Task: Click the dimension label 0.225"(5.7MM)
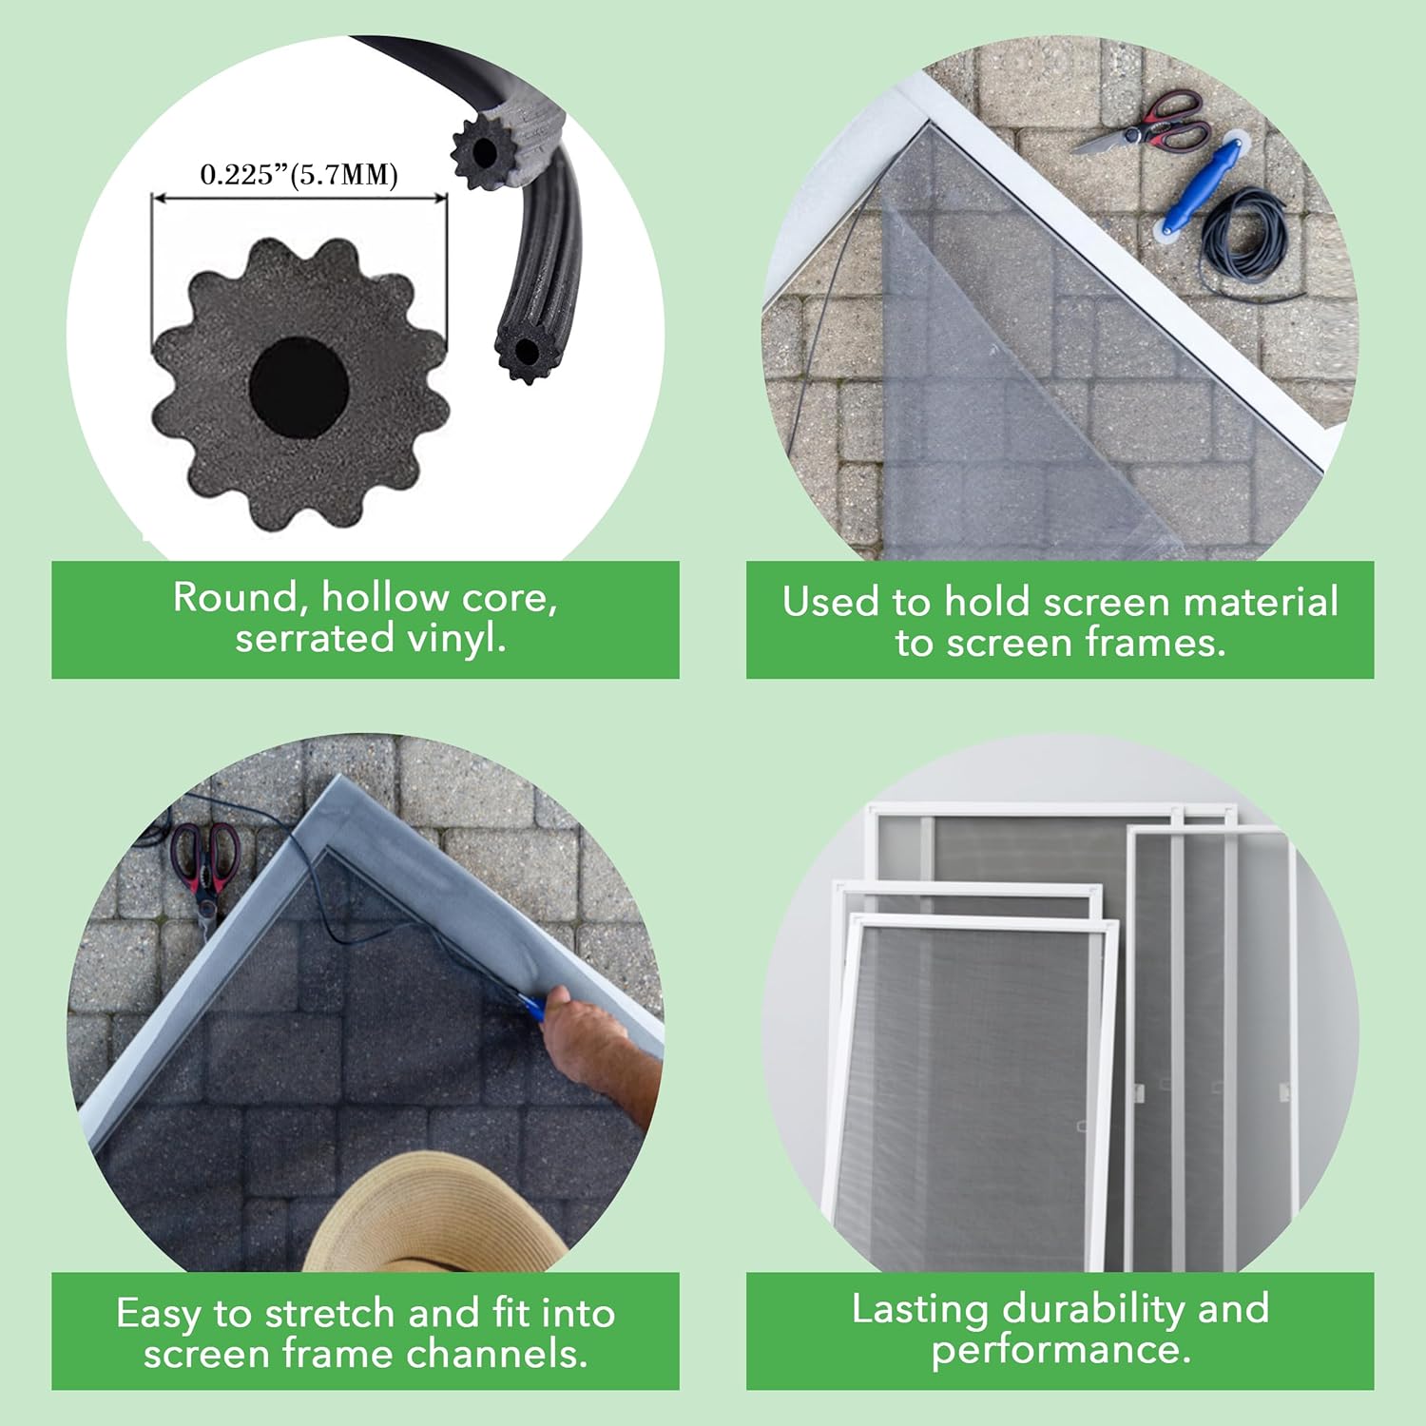coord(299,175)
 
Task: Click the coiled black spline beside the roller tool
coord(1245,238)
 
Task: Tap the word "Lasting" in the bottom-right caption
coord(919,1309)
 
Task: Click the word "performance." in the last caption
coord(1060,1350)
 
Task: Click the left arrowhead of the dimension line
coord(158,199)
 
